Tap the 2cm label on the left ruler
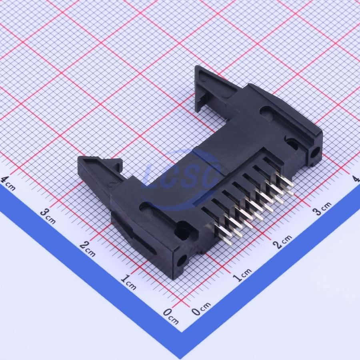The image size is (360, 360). click(88, 249)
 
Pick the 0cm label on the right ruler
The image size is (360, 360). click(201, 308)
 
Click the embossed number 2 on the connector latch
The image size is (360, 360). click(113, 184)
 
